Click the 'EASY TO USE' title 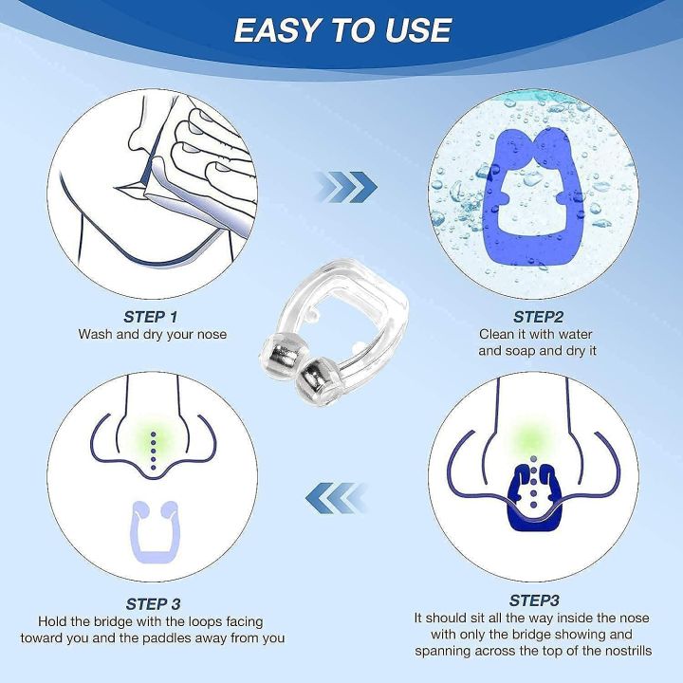341,30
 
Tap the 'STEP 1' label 151,317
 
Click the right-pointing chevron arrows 345,186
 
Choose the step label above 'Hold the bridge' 152,603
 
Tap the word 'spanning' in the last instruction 444,652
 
